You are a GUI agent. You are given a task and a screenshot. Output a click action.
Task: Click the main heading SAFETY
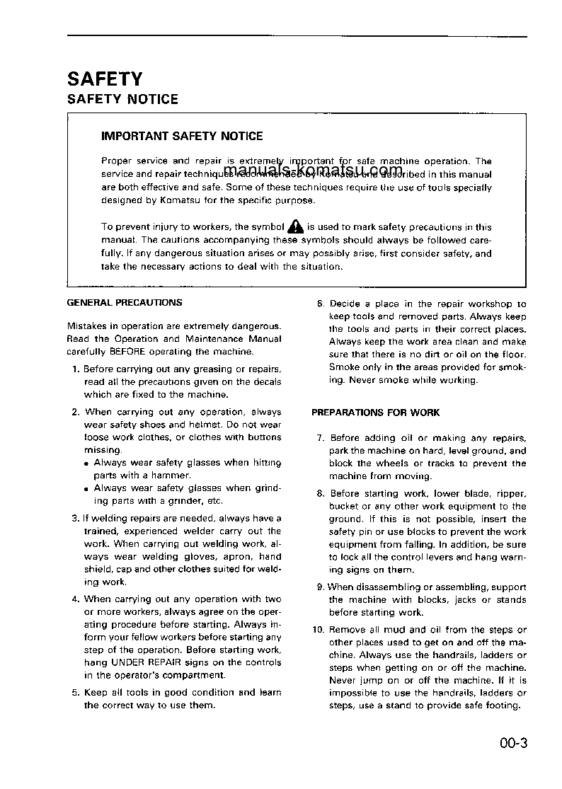(x=105, y=78)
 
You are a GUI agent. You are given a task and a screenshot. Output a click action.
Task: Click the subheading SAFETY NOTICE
(x=122, y=99)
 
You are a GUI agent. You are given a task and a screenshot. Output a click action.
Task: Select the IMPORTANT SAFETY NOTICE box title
(x=182, y=136)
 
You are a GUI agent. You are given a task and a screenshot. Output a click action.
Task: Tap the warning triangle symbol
(x=296, y=227)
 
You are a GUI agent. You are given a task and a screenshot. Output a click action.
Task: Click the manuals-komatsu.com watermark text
(x=312, y=170)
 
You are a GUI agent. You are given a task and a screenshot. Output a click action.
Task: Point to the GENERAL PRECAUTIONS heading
(x=124, y=302)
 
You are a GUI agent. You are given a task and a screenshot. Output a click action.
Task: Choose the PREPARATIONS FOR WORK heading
(x=376, y=413)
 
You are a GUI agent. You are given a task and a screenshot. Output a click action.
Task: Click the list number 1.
(x=76, y=369)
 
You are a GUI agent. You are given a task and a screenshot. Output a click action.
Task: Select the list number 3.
(x=76, y=519)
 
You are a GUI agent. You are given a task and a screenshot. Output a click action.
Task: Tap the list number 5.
(x=76, y=693)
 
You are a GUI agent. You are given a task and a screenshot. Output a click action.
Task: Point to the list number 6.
(x=320, y=304)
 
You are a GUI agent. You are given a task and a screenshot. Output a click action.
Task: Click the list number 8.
(x=320, y=494)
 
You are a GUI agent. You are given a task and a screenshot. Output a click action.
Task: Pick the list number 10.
(x=318, y=630)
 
